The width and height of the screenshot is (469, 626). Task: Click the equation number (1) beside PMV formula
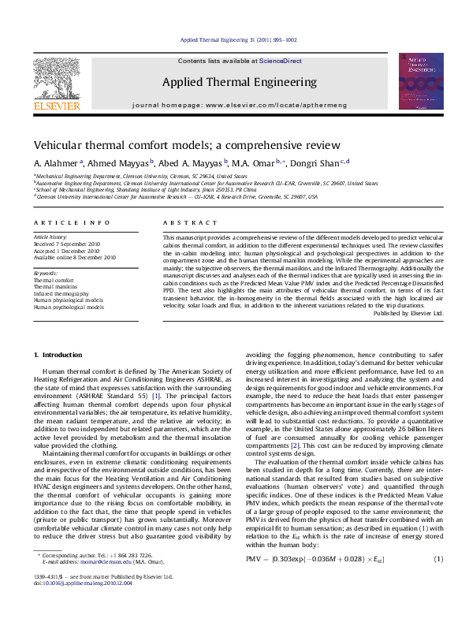click(438, 559)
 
